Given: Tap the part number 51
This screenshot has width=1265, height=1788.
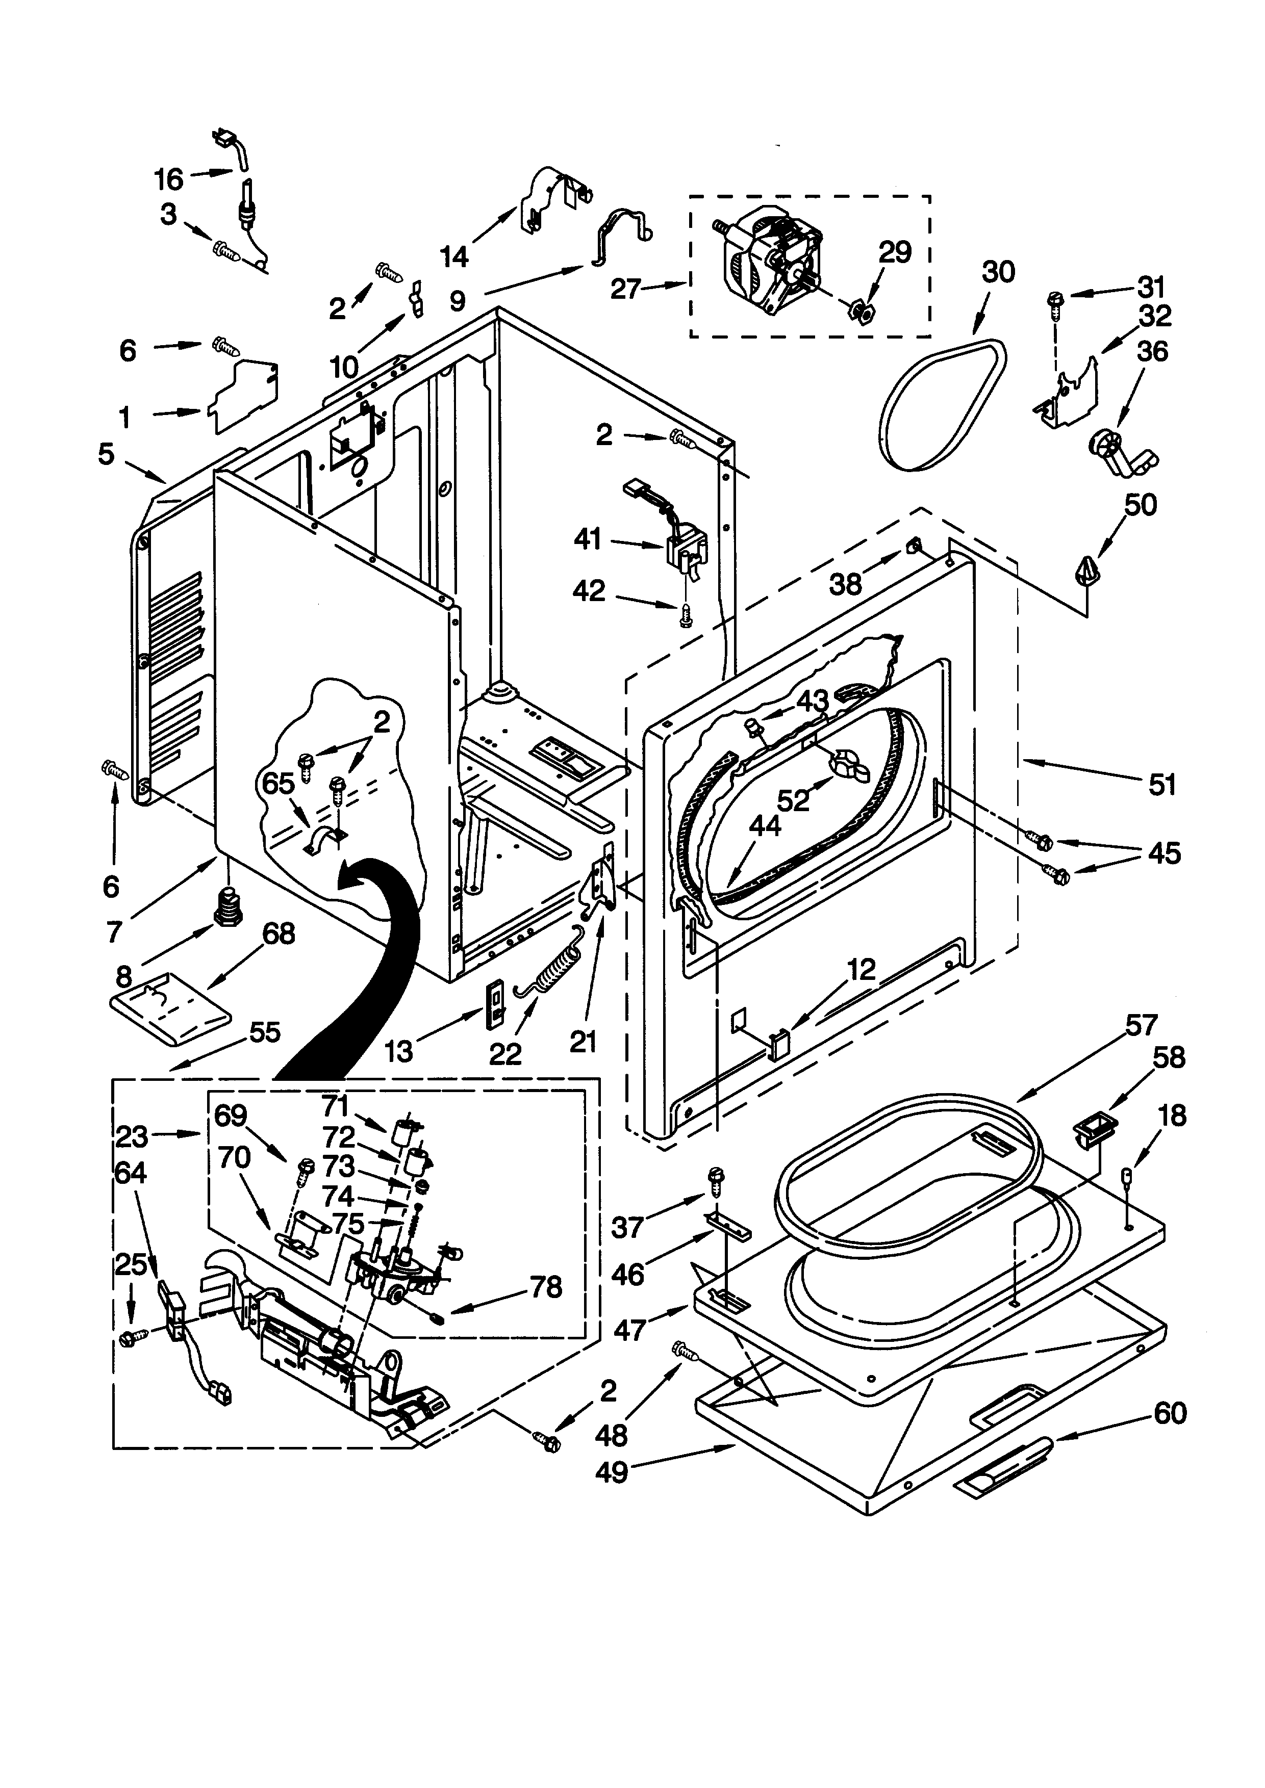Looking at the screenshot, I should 1162,784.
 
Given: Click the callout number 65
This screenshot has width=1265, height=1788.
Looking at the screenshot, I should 278,784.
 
